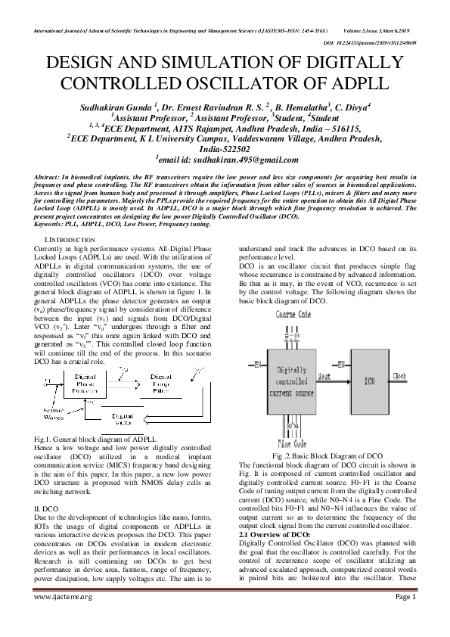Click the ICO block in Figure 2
[370, 381]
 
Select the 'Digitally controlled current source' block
[281, 381]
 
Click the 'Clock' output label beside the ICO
[421, 375]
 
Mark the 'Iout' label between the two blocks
[324, 375]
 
